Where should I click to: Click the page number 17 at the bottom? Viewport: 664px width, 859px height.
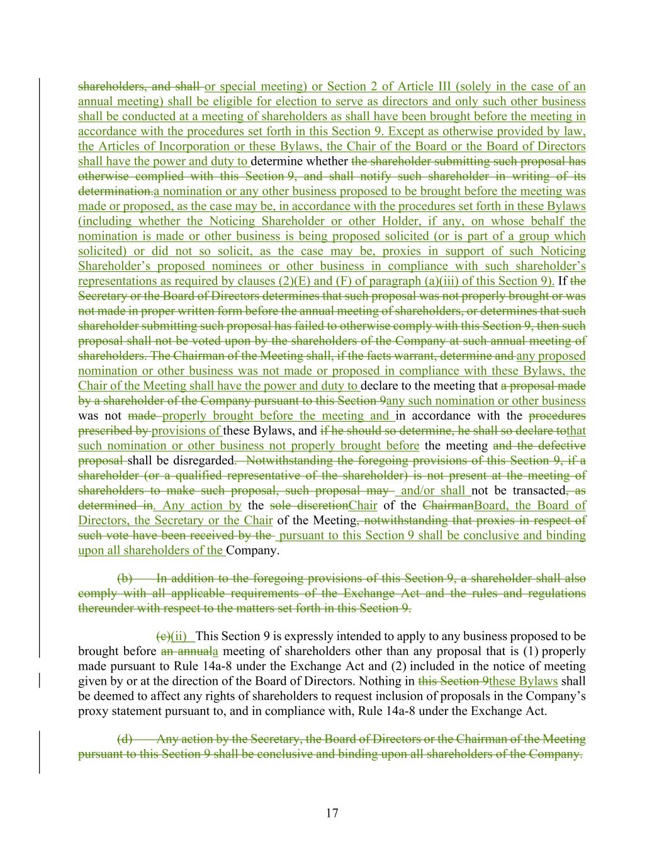(x=332, y=813)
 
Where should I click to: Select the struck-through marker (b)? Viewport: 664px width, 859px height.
(x=125, y=578)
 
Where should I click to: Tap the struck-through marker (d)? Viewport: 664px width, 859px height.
(x=125, y=739)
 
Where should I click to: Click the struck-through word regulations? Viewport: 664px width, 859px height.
(x=554, y=593)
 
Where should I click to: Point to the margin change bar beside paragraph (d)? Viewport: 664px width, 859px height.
(x=40, y=751)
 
